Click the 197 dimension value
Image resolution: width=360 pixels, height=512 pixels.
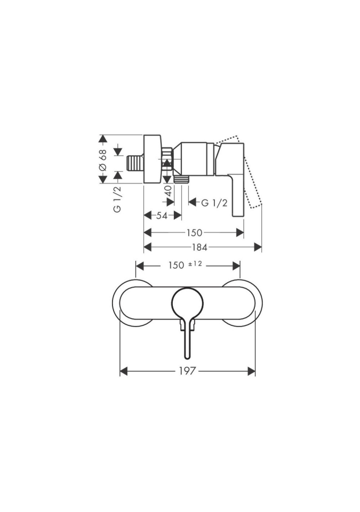(x=188, y=371)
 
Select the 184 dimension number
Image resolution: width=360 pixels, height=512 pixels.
(x=199, y=247)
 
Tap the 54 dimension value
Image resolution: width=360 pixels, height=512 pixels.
(x=162, y=215)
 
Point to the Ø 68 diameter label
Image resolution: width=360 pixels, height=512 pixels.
(x=102, y=160)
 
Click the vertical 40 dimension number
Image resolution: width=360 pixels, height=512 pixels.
(x=169, y=191)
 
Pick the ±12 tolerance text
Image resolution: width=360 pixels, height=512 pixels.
(x=195, y=265)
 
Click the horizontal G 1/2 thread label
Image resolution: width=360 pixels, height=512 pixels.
(x=214, y=203)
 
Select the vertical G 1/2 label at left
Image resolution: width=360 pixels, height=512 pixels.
(x=118, y=199)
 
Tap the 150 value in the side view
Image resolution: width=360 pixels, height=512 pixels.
(x=194, y=233)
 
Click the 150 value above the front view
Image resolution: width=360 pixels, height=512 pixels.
(x=177, y=266)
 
